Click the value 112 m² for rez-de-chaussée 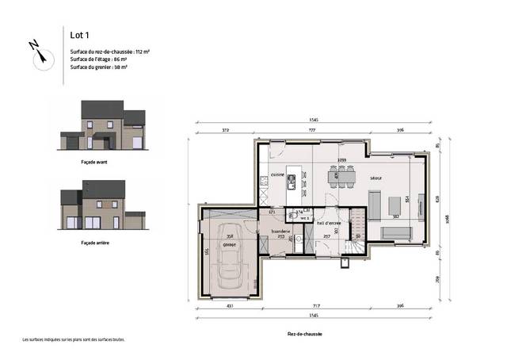click(143, 51)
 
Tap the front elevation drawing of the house click(103, 127)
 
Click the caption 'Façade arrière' click(94, 242)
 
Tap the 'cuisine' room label click(277, 174)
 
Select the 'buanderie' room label click(281, 231)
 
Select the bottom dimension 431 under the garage click(229, 305)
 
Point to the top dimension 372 click(226, 130)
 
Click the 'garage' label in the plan click(229, 244)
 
